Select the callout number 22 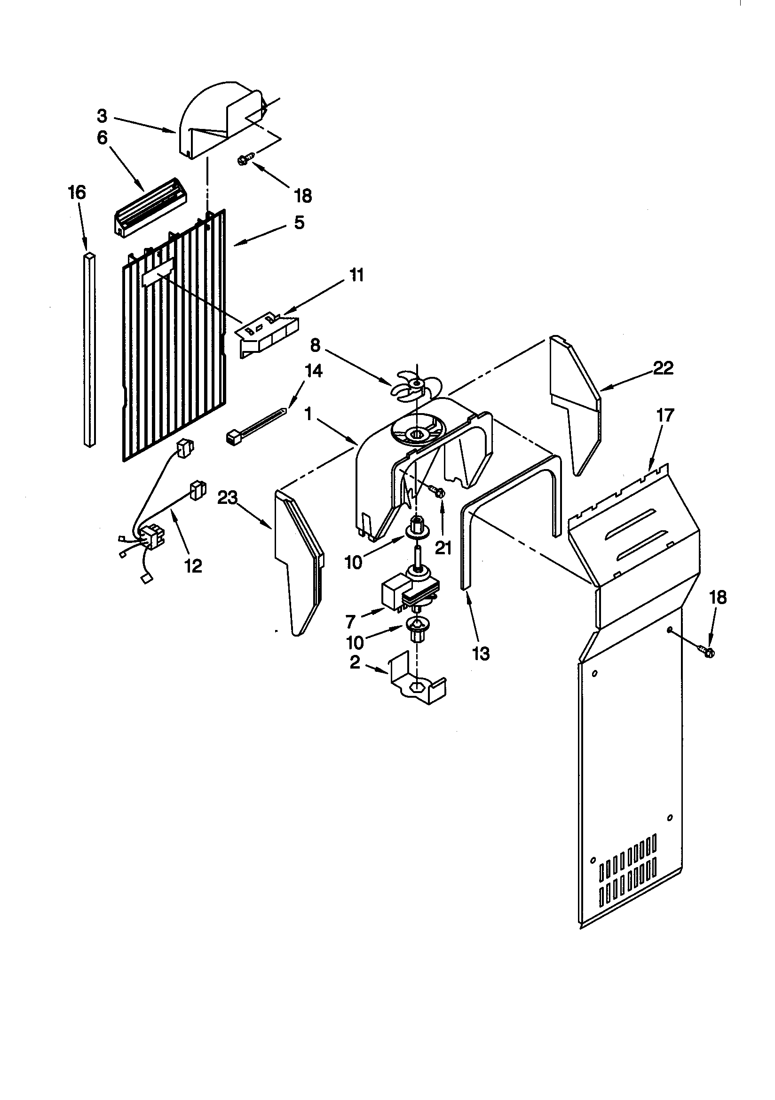click(664, 368)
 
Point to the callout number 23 click(228, 498)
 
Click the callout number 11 click(355, 276)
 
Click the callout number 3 click(102, 116)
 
